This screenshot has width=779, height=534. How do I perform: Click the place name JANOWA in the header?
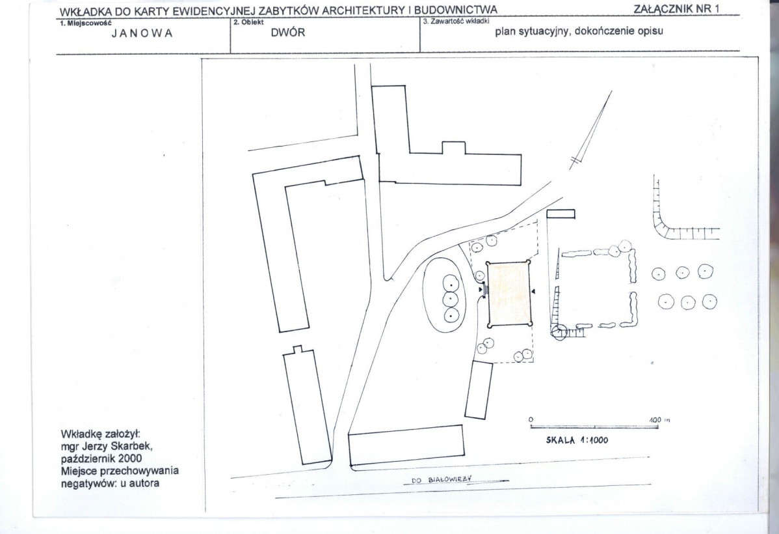142,33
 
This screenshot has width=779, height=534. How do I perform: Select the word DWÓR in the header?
288,33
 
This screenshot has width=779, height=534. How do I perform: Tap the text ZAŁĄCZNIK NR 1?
676,9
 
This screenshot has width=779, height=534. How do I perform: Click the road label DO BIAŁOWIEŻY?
441,479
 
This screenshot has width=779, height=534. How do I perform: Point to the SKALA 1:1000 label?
577,440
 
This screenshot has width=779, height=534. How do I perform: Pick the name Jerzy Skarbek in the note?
114,446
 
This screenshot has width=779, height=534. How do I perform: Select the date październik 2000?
101,458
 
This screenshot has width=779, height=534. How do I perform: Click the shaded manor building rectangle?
508,294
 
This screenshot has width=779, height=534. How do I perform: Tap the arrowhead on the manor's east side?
533,290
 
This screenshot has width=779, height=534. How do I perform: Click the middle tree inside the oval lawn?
450,299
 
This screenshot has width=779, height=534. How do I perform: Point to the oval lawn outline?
423,294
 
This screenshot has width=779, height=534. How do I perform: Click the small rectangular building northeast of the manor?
561,214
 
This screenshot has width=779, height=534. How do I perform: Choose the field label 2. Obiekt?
248,22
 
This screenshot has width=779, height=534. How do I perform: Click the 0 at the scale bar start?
531,420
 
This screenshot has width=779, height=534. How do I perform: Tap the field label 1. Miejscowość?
85,23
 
